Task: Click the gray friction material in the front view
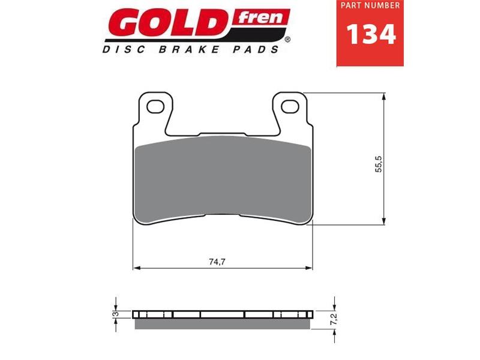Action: coord(223,180)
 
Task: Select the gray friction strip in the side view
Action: coord(223,323)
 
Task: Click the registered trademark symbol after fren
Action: coord(288,40)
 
